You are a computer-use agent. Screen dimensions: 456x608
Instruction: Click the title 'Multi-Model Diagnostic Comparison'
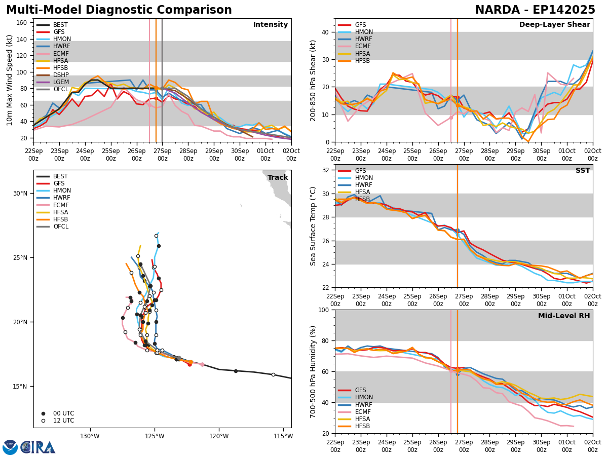(x=119, y=10)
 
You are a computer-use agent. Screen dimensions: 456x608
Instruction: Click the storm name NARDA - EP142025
(x=535, y=10)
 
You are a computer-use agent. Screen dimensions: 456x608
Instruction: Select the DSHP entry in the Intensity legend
(x=61, y=75)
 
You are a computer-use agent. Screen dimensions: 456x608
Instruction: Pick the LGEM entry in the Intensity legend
(x=61, y=82)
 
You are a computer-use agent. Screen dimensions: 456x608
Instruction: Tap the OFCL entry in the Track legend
(x=61, y=226)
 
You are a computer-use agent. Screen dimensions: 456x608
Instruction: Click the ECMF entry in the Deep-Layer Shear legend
(x=362, y=47)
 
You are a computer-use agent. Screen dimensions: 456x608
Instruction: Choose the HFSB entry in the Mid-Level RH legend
(x=362, y=426)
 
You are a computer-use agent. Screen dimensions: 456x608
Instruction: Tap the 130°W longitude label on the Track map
(x=89, y=436)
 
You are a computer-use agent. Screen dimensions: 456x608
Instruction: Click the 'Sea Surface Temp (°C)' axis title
(x=314, y=226)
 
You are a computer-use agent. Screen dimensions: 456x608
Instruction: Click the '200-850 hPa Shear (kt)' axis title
(x=314, y=80)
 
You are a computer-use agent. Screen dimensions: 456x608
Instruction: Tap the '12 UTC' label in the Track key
(x=63, y=421)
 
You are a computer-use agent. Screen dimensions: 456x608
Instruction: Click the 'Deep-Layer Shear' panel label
(x=554, y=25)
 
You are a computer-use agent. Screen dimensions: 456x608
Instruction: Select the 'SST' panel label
(x=583, y=171)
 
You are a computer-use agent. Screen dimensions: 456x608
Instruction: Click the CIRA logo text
(x=38, y=447)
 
